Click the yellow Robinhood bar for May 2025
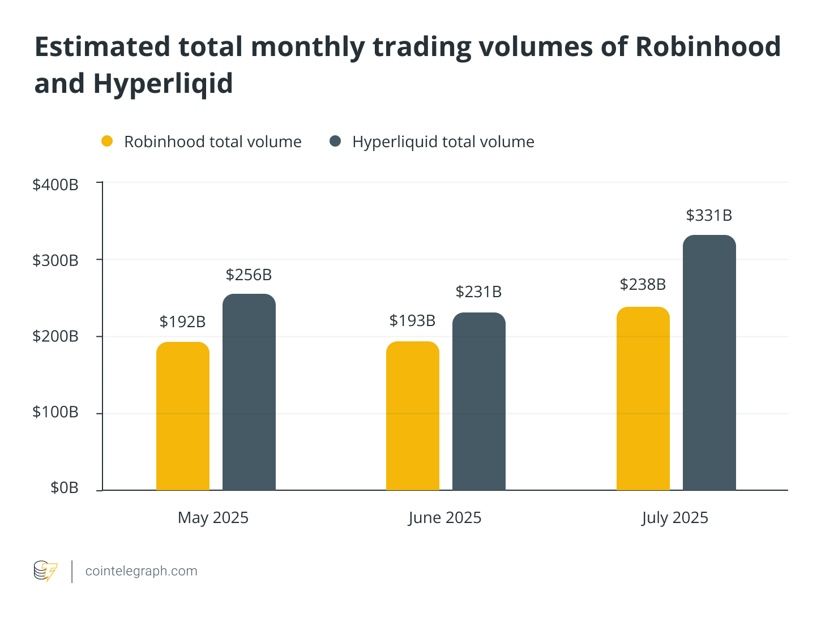tap(183, 416)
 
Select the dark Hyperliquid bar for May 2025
tap(249, 392)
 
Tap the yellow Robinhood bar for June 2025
tap(413, 416)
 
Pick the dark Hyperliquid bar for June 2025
tap(479, 401)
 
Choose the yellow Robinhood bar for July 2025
tap(643, 399)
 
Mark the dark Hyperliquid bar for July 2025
tap(709, 362)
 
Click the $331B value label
tap(709, 216)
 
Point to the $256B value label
tap(249, 275)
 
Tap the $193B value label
tap(413, 321)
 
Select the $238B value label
tap(643, 284)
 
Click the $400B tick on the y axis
tap(55, 185)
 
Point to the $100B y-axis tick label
tap(55, 412)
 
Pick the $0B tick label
tap(65, 488)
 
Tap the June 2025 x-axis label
tap(445, 518)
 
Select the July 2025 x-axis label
tap(675, 518)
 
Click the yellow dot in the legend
tap(107, 141)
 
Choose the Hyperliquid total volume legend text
tap(443, 142)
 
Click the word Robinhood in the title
tap(708, 46)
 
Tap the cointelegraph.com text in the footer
tap(142, 571)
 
